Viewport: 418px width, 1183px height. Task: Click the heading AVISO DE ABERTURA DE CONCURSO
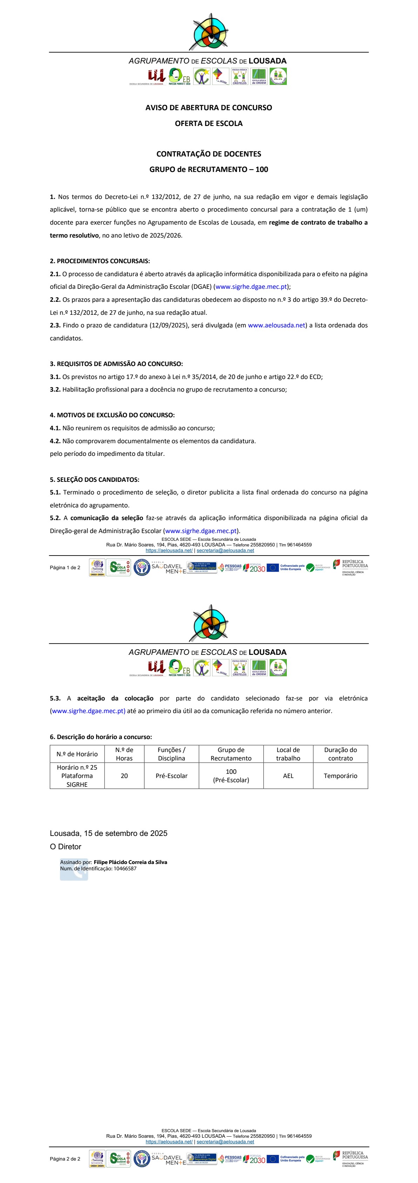(209, 107)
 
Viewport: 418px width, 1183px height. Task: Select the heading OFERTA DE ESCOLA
(209, 123)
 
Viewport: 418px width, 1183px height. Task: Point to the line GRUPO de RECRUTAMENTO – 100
(209, 169)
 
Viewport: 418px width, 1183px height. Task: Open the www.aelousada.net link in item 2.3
(276, 325)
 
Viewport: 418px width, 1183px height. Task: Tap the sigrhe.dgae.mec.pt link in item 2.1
(251, 287)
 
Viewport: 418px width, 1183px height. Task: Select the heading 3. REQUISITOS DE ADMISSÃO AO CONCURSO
(116, 364)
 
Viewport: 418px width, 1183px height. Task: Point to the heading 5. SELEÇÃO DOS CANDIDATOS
(95, 479)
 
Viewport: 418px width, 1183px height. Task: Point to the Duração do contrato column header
(341, 754)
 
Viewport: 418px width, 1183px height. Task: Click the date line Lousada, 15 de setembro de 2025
(109, 833)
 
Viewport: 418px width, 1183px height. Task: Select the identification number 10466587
(125, 869)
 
